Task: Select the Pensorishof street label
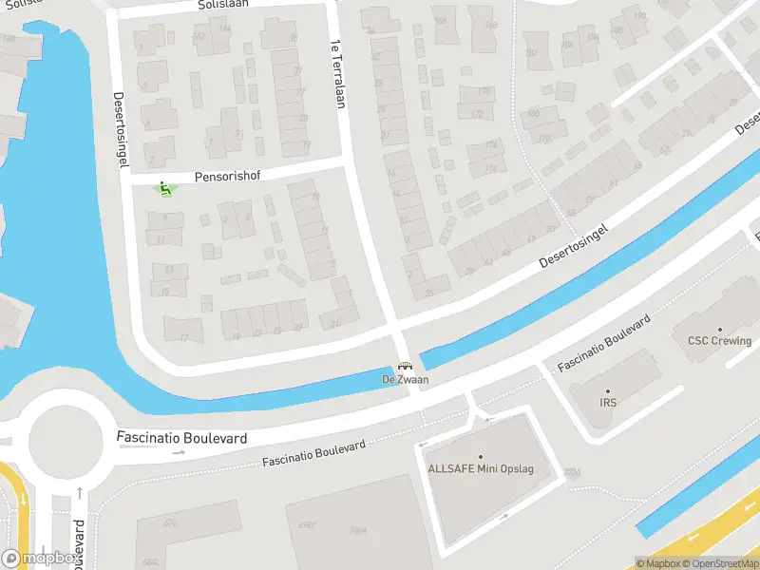[227, 177]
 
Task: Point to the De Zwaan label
[406, 380]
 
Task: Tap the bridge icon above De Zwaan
[406, 368]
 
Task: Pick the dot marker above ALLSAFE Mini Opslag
[480, 457]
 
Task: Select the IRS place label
[608, 403]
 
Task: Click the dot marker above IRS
[608, 390]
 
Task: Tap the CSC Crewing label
[719, 341]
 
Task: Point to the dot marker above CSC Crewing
[719, 329]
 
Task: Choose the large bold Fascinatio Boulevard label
[181, 438]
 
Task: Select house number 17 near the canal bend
[184, 338]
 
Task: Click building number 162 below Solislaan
[199, 37]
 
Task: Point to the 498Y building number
[306, 523]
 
